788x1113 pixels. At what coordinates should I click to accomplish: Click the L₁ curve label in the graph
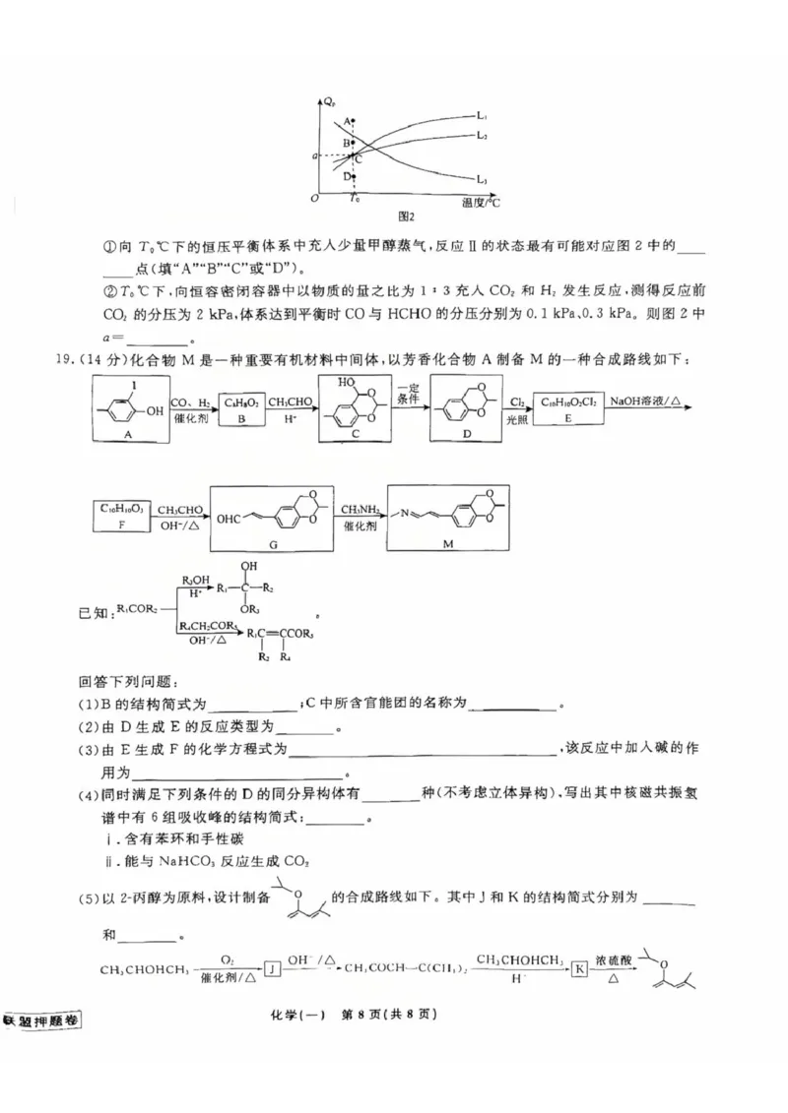(x=484, y=117)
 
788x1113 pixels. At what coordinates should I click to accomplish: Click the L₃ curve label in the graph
(x=483, y=179)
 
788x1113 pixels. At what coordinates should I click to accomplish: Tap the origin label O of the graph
(x=313, y=200)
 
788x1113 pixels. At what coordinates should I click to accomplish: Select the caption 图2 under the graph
(x=404, y=216)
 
